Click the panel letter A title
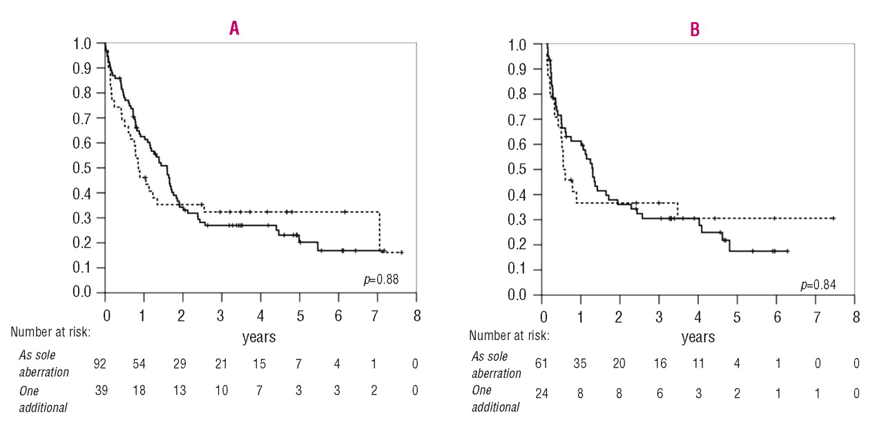click(x=234, y=28)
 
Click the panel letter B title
click(x=695, y=30)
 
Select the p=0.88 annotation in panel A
click(x=381, y=279)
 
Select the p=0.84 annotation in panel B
click(x=818, y=285)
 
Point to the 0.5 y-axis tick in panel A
click(x=82, y=168)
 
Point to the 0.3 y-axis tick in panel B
click(x=517, y=219)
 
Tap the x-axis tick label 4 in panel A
click(x=260, y=316)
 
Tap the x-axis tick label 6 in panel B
click(x=777, y=317)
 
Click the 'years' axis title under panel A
click(x=259, y=337)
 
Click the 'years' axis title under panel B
click(x=698, y=337)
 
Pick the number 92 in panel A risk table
click(x=100, y=364)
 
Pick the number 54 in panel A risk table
click(x=139, y=364)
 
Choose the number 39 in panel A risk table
click(x=101, y=390)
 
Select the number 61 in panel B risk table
click(x=541, y=363)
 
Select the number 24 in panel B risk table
click(x=541, y=393)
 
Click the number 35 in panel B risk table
click(x=579, y=363)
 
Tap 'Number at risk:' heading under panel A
click(x=50, y=332)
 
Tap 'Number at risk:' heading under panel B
click(x=509, y=335)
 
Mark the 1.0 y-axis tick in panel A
click(x=82, y=43)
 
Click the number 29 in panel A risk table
click(x=180, y=364)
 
